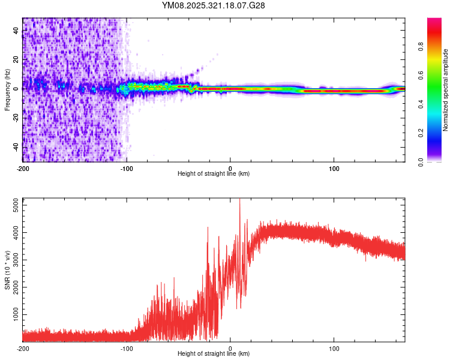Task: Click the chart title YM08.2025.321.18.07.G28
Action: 214,5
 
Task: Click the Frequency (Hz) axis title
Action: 7,89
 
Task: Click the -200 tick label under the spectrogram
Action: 23,167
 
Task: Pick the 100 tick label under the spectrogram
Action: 334,167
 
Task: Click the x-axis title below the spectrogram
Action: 214,174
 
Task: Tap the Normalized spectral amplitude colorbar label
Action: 446,89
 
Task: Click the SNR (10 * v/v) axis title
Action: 7,270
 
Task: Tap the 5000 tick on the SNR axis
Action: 14,205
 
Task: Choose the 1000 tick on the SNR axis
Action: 14,314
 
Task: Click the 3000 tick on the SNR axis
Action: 14,260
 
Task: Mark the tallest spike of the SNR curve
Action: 240,200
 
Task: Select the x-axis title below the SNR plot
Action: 214,355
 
